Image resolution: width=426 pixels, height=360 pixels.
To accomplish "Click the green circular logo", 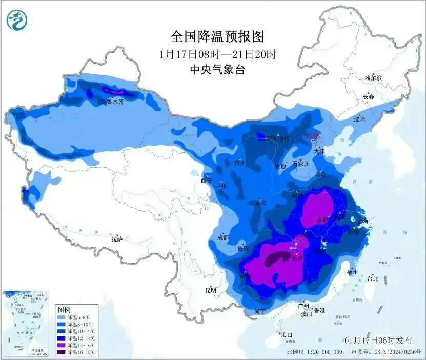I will click(x=17, y=20).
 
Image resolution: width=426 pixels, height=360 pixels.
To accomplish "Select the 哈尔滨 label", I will click(x=373, y=78).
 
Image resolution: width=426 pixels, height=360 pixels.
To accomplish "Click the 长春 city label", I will click(x=369, y=96).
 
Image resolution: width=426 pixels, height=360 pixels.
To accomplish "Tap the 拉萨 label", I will click(x=117, y=238).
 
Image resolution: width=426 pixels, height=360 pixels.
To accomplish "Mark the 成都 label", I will click(x=222, y=237).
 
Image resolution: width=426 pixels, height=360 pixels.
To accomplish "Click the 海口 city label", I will click(x=287, y=334).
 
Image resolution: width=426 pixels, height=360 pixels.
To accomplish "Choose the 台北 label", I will click(x=372, y=279).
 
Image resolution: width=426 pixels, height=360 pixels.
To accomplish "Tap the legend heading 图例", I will click(x=64, y=310).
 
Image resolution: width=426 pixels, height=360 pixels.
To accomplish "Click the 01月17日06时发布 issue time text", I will click(x=378, y=341).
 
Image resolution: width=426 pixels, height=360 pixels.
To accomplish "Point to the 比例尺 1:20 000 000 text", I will click(x=314, y=352).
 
